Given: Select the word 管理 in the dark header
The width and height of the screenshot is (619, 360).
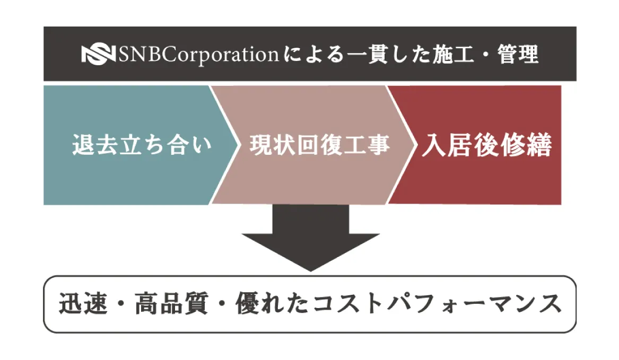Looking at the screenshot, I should tap(518, 54).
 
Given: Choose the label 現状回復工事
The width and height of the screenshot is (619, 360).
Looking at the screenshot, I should tap(319, 145).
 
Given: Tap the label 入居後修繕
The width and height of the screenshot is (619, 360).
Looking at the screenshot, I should tap(487, 145).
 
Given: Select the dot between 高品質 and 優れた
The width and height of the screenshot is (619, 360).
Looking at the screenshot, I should tap(221, 305).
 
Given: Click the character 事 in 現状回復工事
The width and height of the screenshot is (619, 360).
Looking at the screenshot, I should tap(378, 145).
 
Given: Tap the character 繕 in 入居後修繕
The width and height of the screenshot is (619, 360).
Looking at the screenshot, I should tap(539, 145).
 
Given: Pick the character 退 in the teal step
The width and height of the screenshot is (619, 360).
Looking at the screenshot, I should tap(85, 145).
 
